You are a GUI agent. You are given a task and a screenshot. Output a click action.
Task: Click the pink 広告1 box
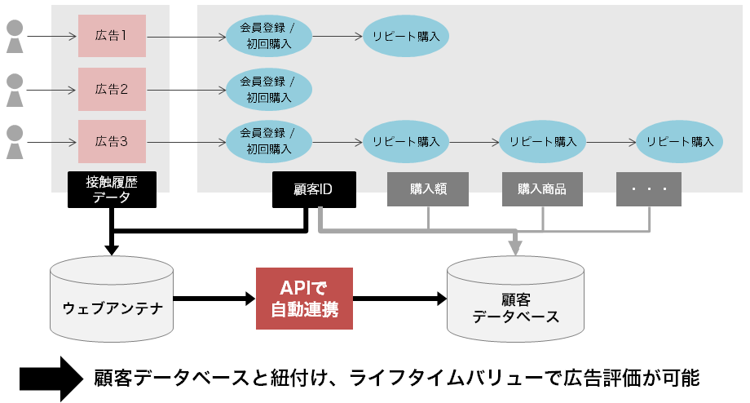(x=112, y=36)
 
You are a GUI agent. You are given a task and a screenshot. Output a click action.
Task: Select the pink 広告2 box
(x=112, y=89)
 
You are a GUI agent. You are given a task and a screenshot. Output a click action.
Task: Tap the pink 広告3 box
(x=112, y=142)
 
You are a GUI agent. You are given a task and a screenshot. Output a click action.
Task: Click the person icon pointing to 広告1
(x=15, y=37)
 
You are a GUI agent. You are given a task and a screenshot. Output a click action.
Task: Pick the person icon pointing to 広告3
(x=15, y=142)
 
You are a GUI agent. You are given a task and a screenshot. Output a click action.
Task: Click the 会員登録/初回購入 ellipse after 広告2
(x=269, y=90)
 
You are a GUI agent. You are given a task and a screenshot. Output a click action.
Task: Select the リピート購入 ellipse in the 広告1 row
(x=406, y=36)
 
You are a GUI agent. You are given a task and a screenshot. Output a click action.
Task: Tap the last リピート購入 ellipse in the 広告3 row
(x=679, y=142)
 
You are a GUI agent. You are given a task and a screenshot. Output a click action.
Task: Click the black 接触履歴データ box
(x=112, y=189)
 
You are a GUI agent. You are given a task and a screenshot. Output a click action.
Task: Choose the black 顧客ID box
(x=314, y=189)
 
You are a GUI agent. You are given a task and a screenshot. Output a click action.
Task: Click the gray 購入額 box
(x=428, y=189)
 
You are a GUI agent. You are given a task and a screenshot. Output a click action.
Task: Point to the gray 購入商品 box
(x=542, y=189)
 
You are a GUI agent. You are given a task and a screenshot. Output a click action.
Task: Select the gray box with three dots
(x=649, y=189)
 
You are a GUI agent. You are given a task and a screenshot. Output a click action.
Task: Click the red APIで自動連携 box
(x=304, y=299)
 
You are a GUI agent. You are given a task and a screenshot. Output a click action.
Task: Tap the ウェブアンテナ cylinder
(x=112, y=299)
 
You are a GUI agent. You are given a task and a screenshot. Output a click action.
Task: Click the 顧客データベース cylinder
(x=515, y=299)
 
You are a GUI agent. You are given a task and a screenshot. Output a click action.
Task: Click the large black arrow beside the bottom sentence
(x=51, y=379)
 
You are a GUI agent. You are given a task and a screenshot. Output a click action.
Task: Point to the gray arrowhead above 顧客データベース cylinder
(x=515, y=247)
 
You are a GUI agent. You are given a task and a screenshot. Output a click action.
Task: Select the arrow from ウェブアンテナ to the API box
(x=214, y=299)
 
